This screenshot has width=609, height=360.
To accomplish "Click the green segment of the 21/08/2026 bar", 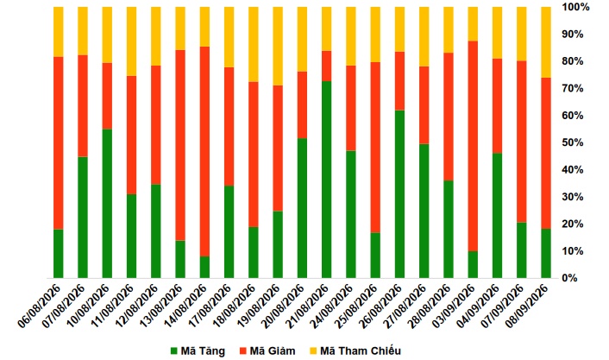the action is click(327, 180).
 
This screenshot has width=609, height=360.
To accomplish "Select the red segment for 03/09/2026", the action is click(473, 146).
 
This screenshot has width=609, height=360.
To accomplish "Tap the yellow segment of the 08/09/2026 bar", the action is click(546, 42).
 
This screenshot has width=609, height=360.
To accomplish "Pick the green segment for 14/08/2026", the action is click(204, 267).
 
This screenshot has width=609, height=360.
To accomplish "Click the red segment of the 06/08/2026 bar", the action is click(59, 143).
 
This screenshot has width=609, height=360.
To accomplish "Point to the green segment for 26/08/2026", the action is click(399, 194).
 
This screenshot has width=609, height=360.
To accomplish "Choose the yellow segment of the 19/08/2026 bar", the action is click(278, 47).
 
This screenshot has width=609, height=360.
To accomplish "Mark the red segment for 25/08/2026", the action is click(375, 148).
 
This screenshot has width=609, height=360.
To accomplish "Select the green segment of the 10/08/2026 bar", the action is click(107, 204).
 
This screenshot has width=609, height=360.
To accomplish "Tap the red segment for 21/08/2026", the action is click(327, 66).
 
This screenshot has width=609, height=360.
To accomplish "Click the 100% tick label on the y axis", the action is click(575, 7).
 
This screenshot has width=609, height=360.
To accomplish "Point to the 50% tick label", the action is click(573, 142).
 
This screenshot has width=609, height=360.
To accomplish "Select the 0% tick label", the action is click(570, 278).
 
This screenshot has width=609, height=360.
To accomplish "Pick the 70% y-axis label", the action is click(573, 88).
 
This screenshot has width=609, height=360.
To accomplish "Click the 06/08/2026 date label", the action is click(40, 306).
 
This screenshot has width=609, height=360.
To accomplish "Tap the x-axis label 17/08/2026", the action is click(210, 306).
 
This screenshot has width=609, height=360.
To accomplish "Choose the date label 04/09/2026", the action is click(479, 306).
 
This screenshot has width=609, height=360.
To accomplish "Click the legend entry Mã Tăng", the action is click(198, 351).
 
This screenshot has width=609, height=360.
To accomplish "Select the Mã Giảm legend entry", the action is click(267, 351).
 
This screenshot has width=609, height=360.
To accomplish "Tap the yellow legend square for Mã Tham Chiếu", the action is click(313, 351).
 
